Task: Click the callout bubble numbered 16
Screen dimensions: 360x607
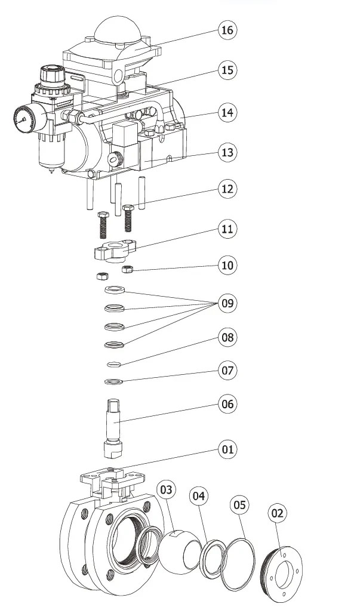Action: click(x=227, y=30)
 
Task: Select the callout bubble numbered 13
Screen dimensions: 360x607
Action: click(x=227, y=152)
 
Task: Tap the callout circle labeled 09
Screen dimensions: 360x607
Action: click(x=227, y=303)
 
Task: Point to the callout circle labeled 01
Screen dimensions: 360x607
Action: click(x=227, y=449)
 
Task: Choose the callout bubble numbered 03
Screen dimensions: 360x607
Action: click(x=166, y=489)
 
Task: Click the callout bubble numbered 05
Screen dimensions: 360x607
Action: click(x=240, y=505)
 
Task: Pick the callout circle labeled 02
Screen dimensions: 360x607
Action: click(x=277, y=513)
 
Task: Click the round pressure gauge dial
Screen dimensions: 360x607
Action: click(x=24, y=118)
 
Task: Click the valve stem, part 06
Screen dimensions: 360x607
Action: click(x=113, y=428)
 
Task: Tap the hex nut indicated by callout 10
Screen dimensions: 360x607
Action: click(x=127, y=269)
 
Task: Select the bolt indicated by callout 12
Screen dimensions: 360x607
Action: click(x=128, y=218)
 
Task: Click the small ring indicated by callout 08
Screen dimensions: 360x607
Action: click(x=115, y=364)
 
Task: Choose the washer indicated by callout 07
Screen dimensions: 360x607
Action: click(x=114, y=382)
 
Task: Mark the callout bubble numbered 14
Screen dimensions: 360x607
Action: click(x=227, y=113)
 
